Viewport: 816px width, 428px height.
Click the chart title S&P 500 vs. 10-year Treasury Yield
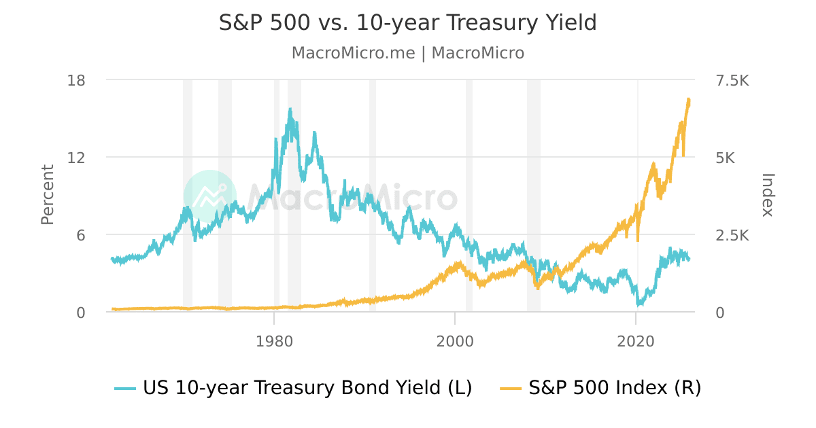click(407, 23)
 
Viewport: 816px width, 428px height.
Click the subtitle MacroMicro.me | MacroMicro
click(407, 53)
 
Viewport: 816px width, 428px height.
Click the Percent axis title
click(47, 195)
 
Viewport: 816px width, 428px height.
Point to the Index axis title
click(768, 195)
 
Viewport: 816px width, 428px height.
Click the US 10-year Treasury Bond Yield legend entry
click(293, 388)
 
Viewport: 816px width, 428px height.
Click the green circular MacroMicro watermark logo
click(209, 196)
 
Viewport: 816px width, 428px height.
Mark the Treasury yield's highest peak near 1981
click(290, 109)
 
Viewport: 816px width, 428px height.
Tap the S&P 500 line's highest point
click(688, 99)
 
